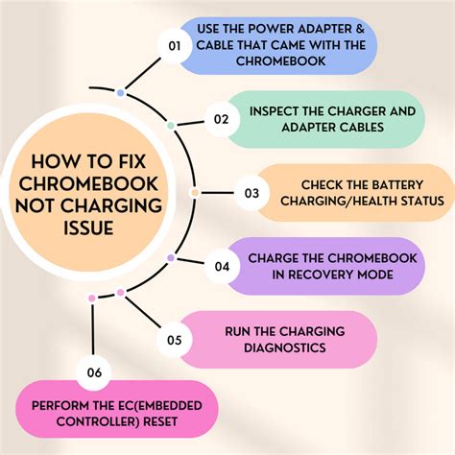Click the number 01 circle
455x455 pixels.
click(x=175, y=45)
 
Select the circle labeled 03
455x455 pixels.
click(x=251, y=193)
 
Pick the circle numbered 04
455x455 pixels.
click(x=222, y=266)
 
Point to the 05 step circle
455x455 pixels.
click(x=175, y=339)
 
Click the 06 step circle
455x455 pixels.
click(x=92, y=372)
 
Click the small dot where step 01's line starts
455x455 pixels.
click(x=120, y=93)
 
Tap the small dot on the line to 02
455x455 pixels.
click(x=171, y=125)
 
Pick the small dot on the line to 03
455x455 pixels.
click(x=195, y=193)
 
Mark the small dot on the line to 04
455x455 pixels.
click(x=171, y=257)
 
